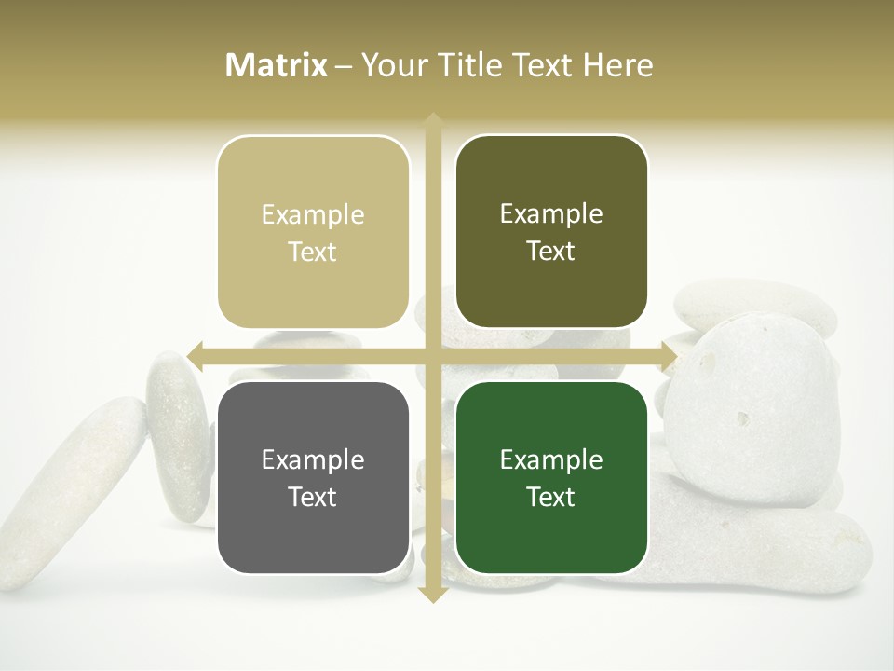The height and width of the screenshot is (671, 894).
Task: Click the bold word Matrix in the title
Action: (x=277, y=65)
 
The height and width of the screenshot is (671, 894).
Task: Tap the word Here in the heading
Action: (x=617, y=65)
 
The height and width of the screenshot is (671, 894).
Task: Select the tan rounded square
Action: (x=313, y=232)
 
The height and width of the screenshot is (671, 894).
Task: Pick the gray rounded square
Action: (x=313, y=477)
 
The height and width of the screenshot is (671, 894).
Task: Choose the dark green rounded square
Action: (x=551, y=477)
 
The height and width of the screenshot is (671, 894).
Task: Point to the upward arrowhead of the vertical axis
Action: (x=432, y=120)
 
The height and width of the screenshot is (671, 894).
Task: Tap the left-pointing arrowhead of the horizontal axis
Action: (x=195, y=356)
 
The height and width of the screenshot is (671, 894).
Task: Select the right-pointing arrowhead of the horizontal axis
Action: (x=669, y=356)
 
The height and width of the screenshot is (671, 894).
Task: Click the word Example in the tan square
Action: (x=313, y=214)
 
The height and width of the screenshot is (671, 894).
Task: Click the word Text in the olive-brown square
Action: (x=551, y=251)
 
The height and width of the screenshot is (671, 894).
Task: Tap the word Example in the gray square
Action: (x=313, y=459)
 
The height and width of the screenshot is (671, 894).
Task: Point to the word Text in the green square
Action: (x=551, y=497)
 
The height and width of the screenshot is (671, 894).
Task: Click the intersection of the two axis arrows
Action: (x=432, y=356)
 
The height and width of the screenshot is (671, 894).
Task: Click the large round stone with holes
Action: (x=754, y=410)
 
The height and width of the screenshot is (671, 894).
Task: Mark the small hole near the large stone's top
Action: (x=765, y=327)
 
